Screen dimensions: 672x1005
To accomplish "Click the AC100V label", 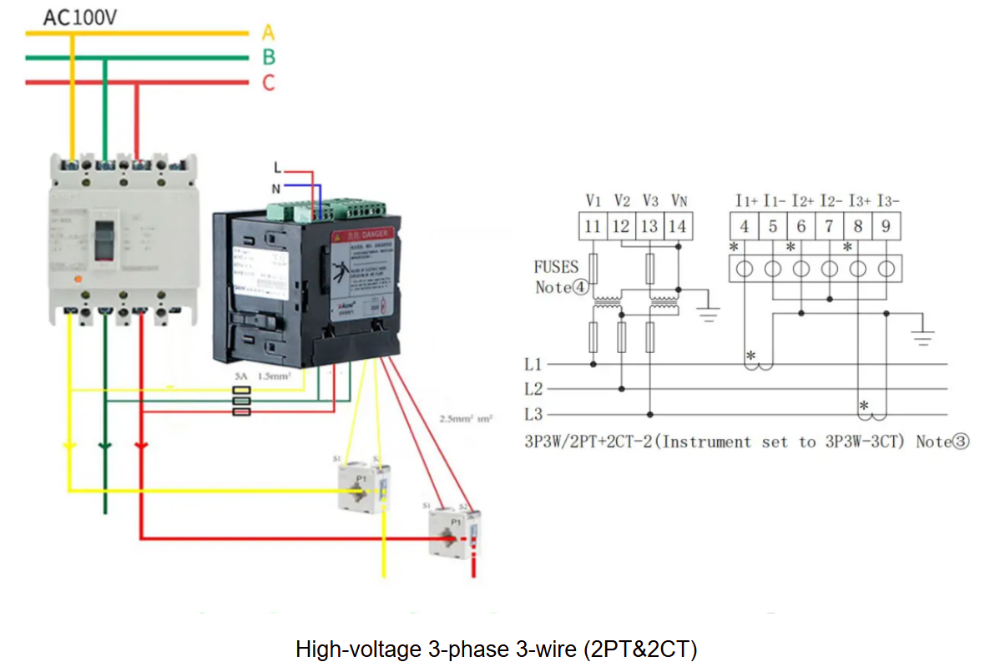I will [x=80, y=17].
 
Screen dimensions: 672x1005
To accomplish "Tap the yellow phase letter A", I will [x=268, y=33].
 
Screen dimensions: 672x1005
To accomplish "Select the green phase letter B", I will [x=269, y=58].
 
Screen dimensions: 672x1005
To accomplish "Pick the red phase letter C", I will [x=269, y=83].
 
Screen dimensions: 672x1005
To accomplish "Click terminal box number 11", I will [x=593, y=226].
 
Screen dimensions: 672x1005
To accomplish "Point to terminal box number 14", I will [x=677, y=226].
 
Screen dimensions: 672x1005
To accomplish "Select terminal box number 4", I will [x=744, y=226].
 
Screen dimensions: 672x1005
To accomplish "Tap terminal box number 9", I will [x=886, y=226].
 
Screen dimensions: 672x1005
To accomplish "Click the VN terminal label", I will [x=679, y=200].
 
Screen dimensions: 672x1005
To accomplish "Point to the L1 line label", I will [x=533, y=364].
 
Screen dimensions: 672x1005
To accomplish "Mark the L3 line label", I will [x=533, y=414].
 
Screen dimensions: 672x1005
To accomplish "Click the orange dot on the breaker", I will [x=78, y=280].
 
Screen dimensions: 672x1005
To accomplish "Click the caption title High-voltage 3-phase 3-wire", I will [x=497, y=649].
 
